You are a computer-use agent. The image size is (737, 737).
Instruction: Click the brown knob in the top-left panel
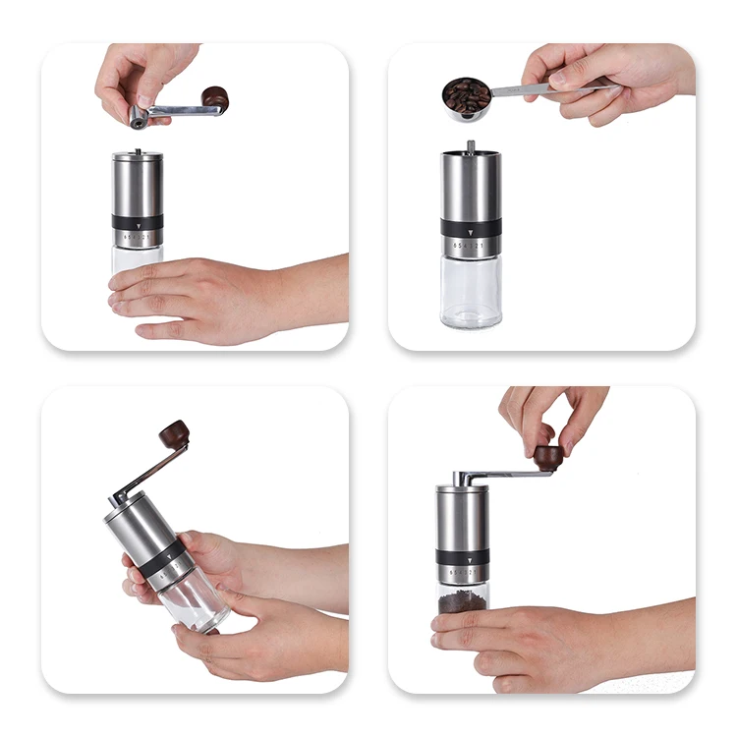click(x=215, y=98)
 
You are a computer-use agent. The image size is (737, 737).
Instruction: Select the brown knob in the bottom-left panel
click(x=175, y=432)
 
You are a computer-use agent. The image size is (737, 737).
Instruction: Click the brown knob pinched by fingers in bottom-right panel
click(x=548, y=457)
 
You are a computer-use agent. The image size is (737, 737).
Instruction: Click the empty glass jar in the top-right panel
click(x=472, y=292)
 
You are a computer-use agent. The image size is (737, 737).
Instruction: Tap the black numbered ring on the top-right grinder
click(x=471, y=237)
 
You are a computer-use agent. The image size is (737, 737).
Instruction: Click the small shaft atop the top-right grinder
click(x=471, y=146)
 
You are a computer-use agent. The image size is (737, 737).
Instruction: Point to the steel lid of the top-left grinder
click(x=137, y=155)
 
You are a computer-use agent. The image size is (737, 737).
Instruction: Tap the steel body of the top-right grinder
click(x=471, y=187)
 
